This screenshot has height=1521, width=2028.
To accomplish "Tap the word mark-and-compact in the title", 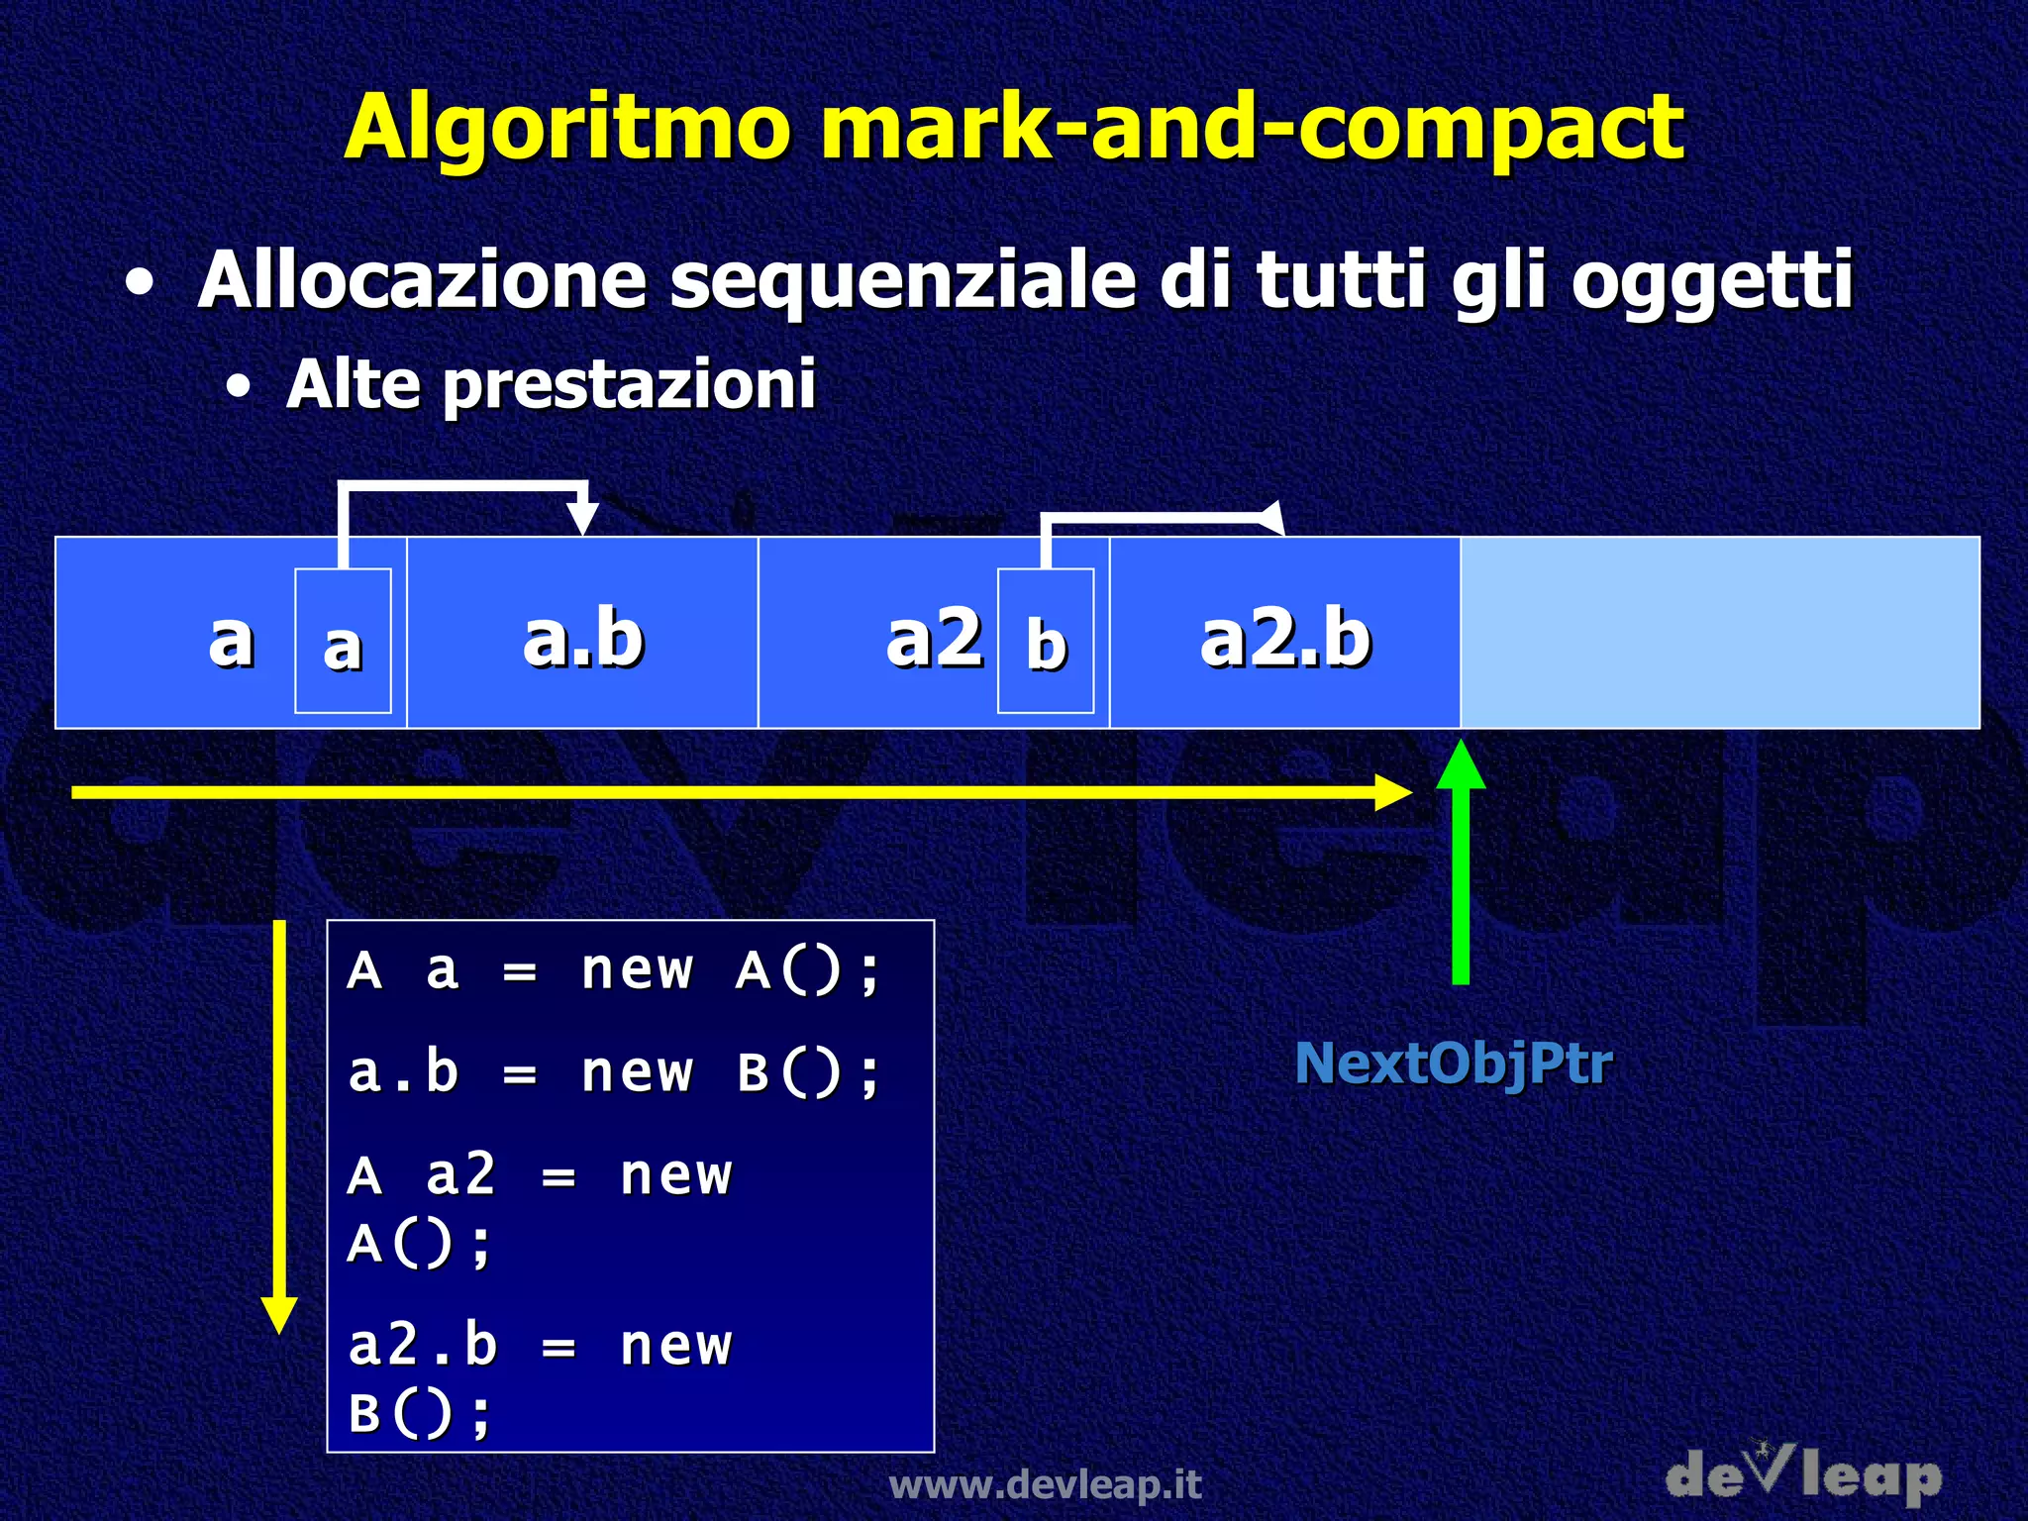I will tap(1252, 129).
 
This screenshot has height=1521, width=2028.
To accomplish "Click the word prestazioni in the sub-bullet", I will tap(629, 384).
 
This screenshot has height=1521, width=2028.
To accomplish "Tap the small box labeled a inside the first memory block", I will tap(343, 641).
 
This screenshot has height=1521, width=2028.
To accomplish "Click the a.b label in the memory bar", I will tap(583, 638).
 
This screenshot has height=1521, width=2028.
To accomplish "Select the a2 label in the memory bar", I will tap(934, 638).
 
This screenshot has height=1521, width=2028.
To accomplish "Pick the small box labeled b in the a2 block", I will tap(1046, 641).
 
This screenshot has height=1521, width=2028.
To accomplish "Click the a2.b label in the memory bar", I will tap(1285, 638).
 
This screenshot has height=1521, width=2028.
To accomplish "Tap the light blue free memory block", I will tap(1719, 633).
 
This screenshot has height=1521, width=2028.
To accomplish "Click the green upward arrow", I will tap(1461, 862).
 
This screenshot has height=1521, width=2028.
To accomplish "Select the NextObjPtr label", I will tap(1454, 1064).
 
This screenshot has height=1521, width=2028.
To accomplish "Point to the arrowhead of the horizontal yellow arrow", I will tap(1394, 792).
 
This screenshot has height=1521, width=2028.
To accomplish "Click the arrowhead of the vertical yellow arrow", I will tap(279, 1315).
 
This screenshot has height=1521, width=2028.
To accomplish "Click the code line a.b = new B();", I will tap(614, 1072).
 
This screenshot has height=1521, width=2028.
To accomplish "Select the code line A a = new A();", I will tap(614, 969).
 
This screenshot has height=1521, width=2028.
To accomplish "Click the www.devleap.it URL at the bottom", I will tap(1046, 1484).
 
